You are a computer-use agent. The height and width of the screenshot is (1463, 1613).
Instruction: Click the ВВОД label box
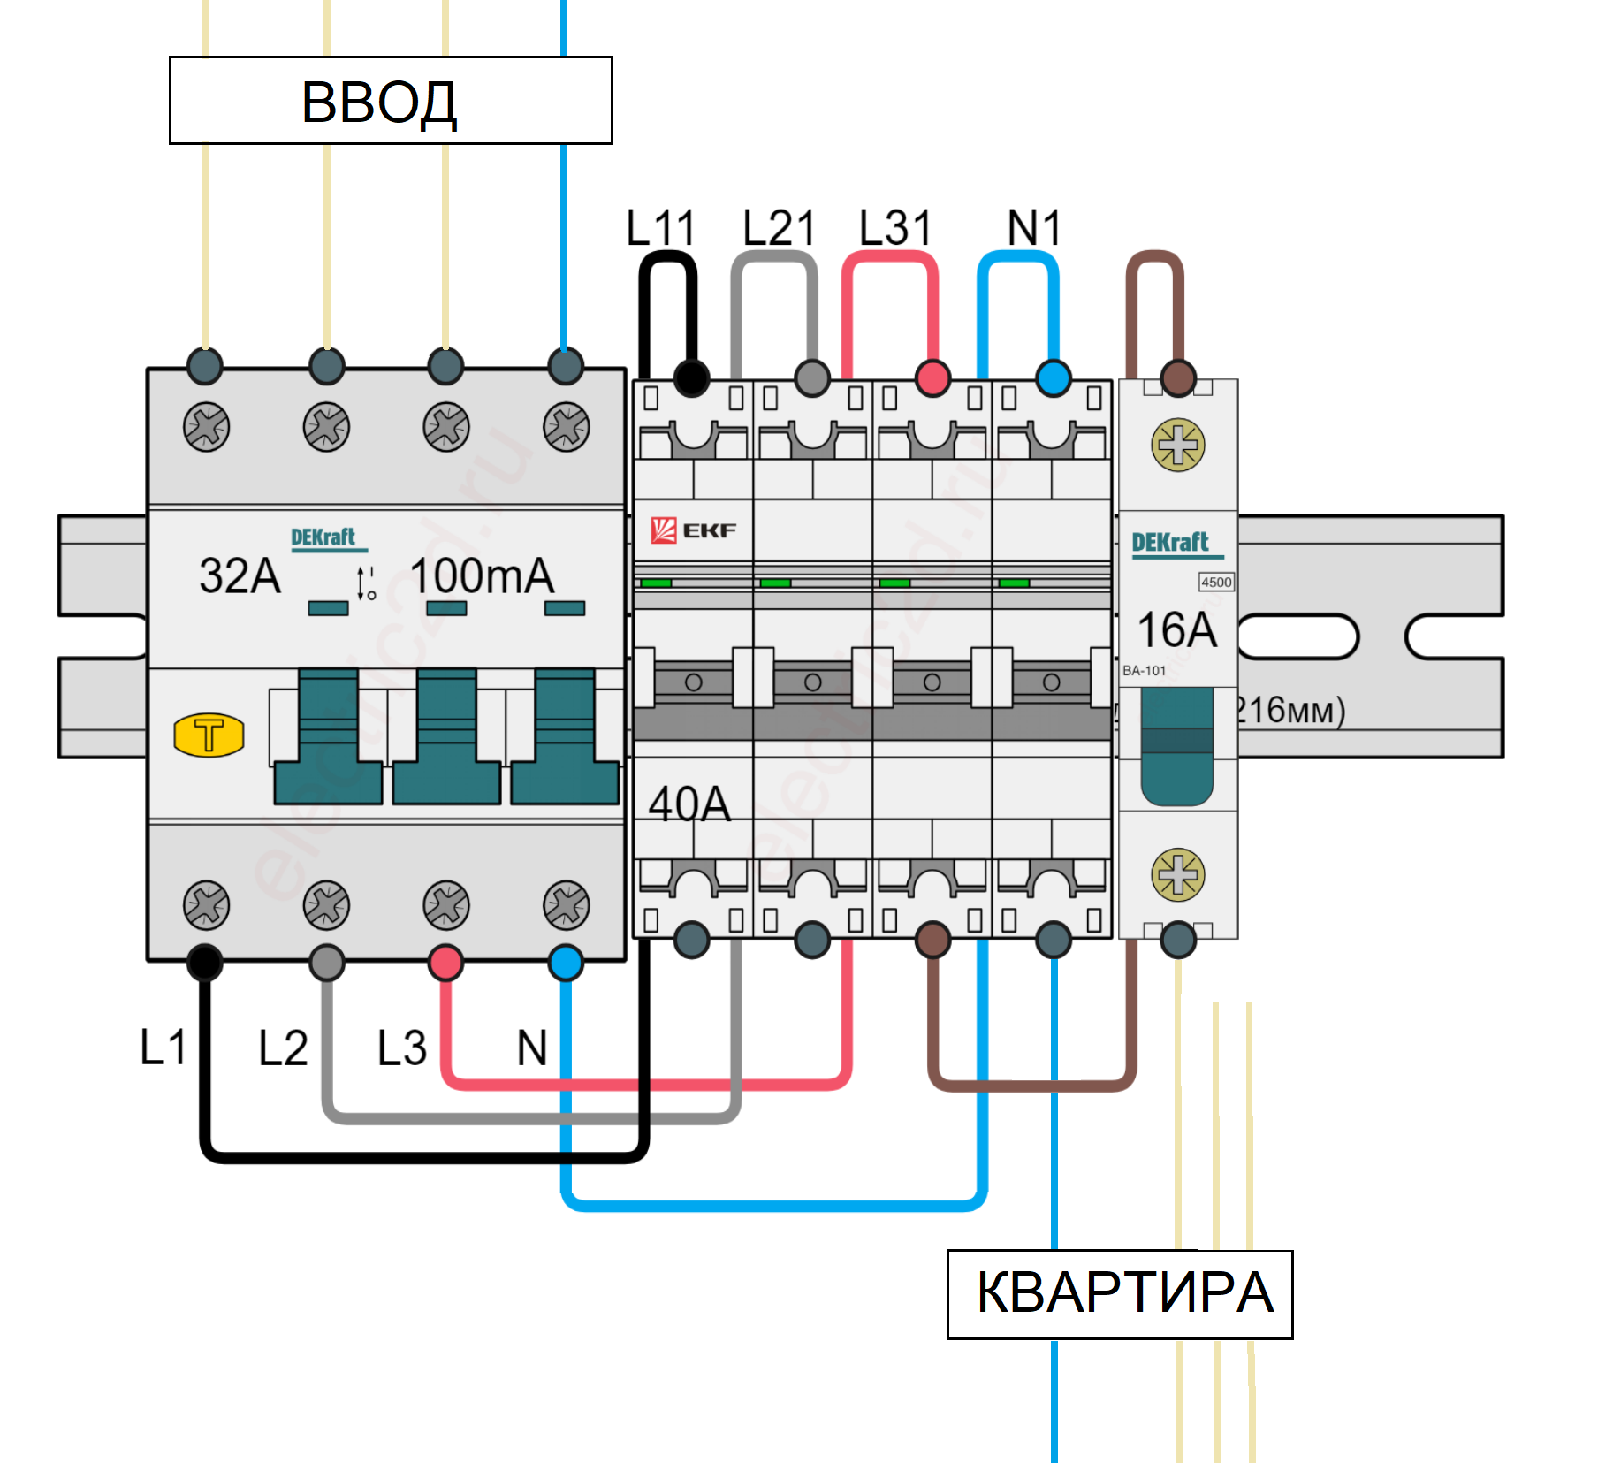(390, 101)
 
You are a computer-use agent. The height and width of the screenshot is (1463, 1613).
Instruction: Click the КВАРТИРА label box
(1119, 1294)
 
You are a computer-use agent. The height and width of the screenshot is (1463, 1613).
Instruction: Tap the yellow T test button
(209, 735)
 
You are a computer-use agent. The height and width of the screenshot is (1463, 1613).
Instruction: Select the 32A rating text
(240, 575)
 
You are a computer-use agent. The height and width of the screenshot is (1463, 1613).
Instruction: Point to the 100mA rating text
(482, 575)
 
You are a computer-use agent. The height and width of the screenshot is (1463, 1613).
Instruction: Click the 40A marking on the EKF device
(689, 804)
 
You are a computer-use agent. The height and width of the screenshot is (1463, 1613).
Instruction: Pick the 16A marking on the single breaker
(1176, 629)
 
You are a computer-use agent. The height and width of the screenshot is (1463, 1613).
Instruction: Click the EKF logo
(694, 530)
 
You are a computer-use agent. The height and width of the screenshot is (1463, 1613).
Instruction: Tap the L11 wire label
(660, 228)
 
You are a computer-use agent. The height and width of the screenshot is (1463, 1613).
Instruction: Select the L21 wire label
(778, 228)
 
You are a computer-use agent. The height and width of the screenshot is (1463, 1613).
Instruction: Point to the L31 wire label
(895, 228)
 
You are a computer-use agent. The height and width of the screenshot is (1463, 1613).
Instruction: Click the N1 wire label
(1033, 228)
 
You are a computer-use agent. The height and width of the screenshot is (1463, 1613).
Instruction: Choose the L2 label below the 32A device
(283, 1048)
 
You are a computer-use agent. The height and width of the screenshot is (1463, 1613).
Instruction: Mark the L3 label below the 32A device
(402, 1048)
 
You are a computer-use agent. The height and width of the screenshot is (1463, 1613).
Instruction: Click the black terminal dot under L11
(691, 378)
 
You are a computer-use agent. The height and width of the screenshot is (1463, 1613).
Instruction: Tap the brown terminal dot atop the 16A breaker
(1177, 377)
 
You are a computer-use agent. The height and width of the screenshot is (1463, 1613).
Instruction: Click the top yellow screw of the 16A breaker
(1177, 445)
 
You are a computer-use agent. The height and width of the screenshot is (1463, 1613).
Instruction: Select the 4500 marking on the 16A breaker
(1216, 582)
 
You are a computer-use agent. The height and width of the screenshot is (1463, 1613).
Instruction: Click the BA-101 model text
(1144, 671)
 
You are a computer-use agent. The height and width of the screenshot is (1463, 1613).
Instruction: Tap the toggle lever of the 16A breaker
(1176, 747)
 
